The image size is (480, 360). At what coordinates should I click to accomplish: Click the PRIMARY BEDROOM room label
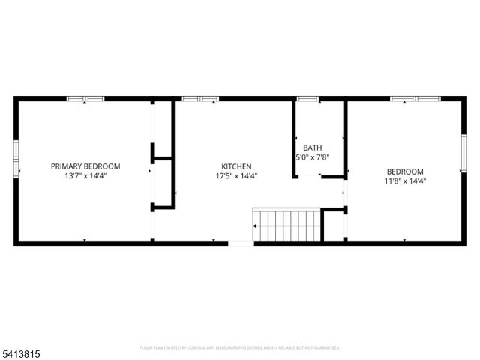pos(85,166)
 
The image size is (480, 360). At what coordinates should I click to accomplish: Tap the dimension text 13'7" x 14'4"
pos(85,176)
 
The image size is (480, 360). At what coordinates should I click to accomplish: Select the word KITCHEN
pos(235,166)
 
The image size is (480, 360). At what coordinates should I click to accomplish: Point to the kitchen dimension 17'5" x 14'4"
pos(235,176)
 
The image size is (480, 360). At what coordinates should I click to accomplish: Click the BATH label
pos(311,148)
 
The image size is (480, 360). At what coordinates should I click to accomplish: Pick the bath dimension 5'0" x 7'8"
pos(311,157)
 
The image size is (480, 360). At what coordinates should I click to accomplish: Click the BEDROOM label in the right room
pos(405,171)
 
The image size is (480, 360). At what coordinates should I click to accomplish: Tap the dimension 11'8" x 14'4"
pos(405,181)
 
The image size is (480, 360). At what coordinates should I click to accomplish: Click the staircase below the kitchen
pos(286,226)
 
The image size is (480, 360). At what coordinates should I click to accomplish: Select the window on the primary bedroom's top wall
pos(85,98)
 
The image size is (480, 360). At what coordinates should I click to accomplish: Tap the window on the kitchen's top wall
pos(200,98)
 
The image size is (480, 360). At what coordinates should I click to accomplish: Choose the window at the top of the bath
pos(307,98)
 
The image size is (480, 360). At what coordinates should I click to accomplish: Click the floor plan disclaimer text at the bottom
pos(240,348)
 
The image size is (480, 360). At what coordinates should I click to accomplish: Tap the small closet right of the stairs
pos(334,226)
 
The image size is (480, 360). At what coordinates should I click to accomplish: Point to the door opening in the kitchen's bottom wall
pos(241,242)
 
